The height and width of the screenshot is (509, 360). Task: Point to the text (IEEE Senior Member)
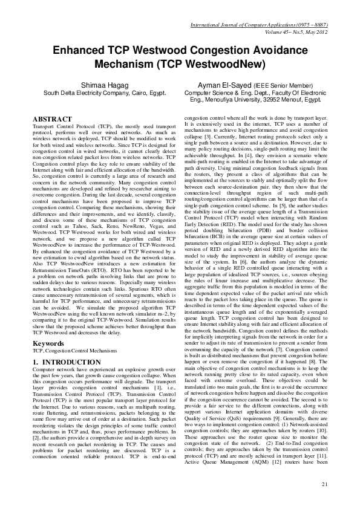coord(281,86)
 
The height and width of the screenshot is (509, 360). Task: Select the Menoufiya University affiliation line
coord(259,101)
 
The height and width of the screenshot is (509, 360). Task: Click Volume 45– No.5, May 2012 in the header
coord(291,17)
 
